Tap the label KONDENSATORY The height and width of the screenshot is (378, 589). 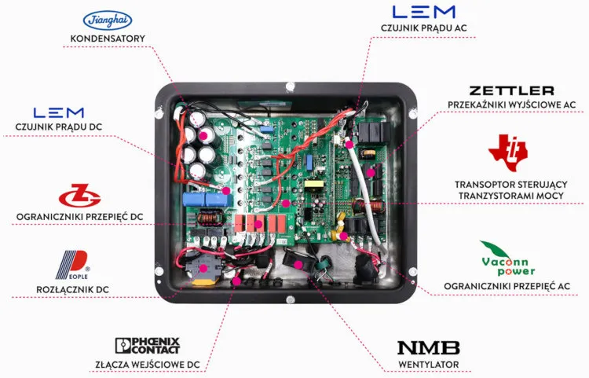[x=107, y=39]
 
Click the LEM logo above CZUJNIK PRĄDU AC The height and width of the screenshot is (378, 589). [x=424, y=12]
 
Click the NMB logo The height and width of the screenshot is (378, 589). [x=428, y=347]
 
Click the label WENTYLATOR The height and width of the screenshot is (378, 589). [x=428, y=365]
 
